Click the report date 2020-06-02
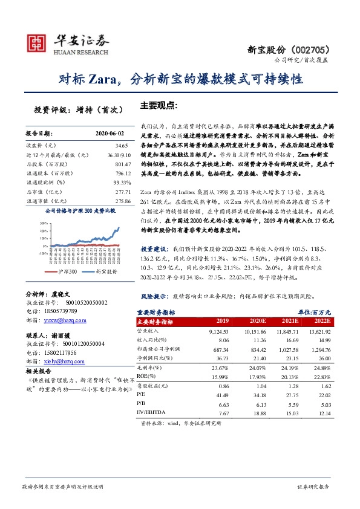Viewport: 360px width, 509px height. [110, 132]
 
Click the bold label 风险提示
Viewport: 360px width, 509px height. [154, 297]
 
